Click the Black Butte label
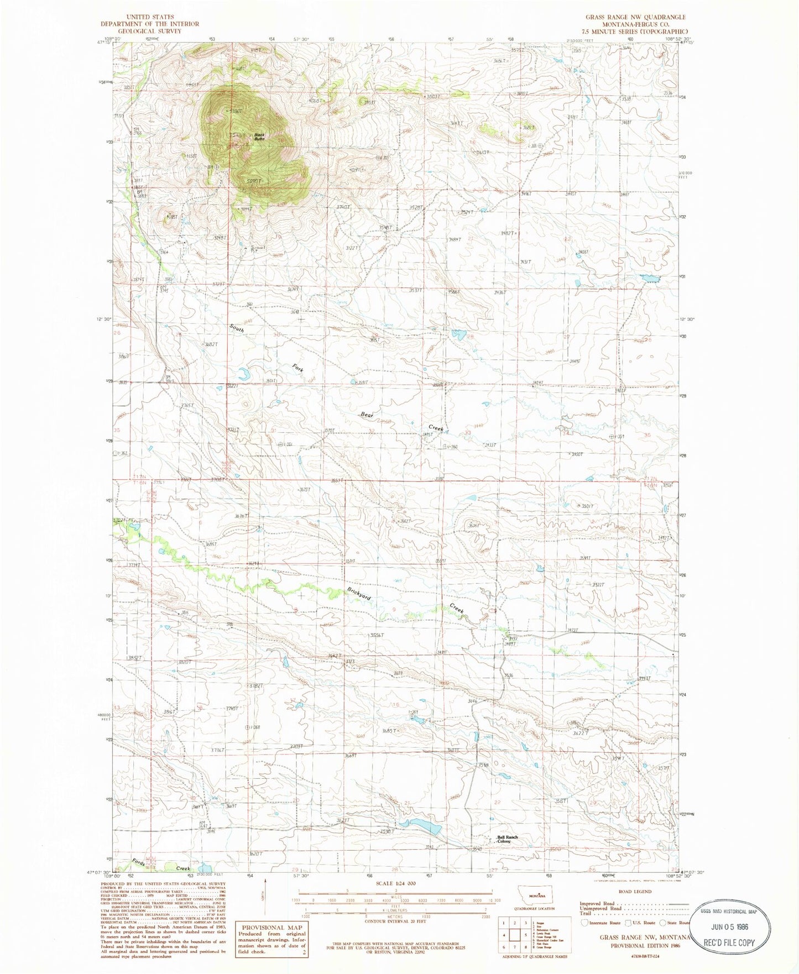coord(258,137)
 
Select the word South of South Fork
coord(237,328)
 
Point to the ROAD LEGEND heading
coord(635,892)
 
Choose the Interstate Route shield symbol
coord(584,922)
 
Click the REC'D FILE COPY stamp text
coord(729,942)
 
